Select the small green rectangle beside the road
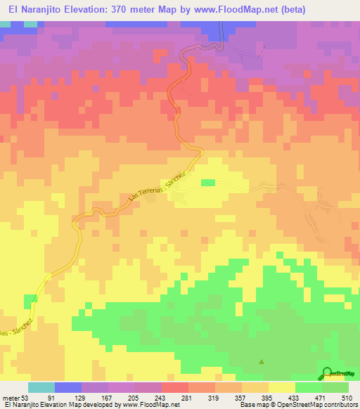coord(207,183)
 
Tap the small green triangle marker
coord(262,362)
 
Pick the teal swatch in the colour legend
coord(41,387)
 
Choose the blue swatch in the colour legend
coord(67,387)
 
